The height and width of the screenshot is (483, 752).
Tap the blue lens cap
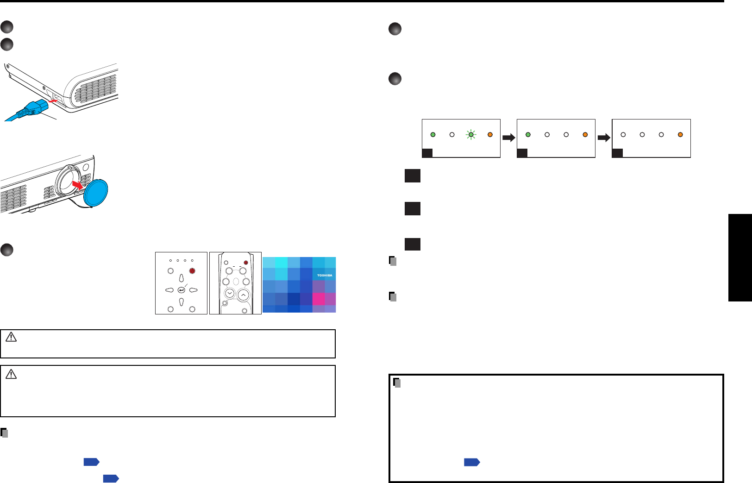coord(95,193)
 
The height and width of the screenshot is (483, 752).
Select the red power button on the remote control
coord(246,263)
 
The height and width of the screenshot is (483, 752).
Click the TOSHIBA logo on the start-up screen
coord(325,276)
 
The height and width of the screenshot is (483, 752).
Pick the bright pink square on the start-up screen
coord(319,299)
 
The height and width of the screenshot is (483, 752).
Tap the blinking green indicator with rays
coord(471,135)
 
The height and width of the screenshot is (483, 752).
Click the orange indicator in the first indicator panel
coord(490,135)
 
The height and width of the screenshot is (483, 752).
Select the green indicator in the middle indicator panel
coord(528,135)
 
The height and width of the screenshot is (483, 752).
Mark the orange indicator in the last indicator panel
coord(680,135)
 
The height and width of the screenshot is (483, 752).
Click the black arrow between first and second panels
coord(508,138)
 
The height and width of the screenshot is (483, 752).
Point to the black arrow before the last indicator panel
coord(604,138)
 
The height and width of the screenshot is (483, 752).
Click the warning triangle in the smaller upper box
coord(11,338)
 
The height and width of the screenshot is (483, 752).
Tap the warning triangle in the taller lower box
coord(11,374)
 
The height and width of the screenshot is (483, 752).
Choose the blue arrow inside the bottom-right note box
coord(472,462)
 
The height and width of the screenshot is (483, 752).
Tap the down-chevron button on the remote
coord(229,293)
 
